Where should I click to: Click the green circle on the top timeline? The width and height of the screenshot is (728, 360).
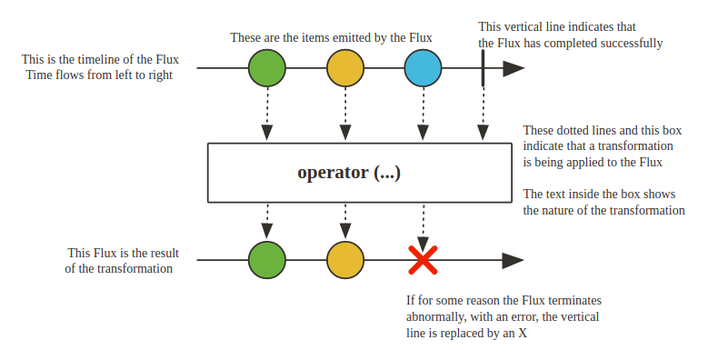[x=267, y=68]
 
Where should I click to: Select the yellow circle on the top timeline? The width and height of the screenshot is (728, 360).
[x=345, y=68]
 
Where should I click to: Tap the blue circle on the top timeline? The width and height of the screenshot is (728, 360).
[x=424, y=68]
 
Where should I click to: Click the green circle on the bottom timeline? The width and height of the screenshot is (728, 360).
[x=267, y=260]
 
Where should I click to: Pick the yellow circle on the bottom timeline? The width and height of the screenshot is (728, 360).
[x=345, y=260]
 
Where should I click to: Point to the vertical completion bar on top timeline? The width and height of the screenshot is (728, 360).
[x=483, y=68]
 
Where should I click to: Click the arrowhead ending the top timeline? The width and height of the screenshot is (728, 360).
[x=514, y=68]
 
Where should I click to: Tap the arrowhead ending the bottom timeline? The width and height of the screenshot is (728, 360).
[x=514, y=261]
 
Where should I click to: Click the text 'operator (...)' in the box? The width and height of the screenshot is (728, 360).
[x=349, y=172]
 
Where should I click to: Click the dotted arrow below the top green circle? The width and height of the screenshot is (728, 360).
[x=267, y=115]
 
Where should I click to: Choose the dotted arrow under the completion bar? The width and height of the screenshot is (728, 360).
[x=483, y=115]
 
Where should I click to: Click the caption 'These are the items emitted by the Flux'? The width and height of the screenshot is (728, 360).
[x=331, y=37]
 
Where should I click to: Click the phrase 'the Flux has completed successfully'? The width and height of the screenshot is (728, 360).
[x=571, y=43]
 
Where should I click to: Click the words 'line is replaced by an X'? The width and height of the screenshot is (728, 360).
[x=467, y=333]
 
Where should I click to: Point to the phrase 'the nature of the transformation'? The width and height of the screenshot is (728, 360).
[x=603, y=210]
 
